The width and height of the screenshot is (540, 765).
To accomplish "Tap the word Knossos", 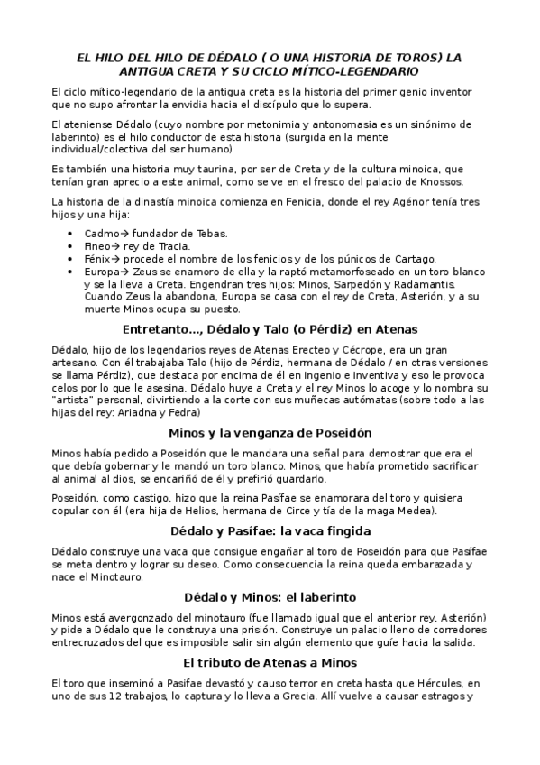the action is tap(463, 181).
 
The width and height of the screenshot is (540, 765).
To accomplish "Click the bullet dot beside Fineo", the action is tap(72, 246).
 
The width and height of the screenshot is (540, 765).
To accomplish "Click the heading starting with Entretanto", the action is tap(270, 328).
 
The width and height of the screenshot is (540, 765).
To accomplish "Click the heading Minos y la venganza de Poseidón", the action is tap(270, 432).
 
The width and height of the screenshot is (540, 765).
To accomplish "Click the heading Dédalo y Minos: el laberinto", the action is tap(270, 596).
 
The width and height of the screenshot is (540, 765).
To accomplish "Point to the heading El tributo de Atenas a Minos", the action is tap(270, 663).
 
